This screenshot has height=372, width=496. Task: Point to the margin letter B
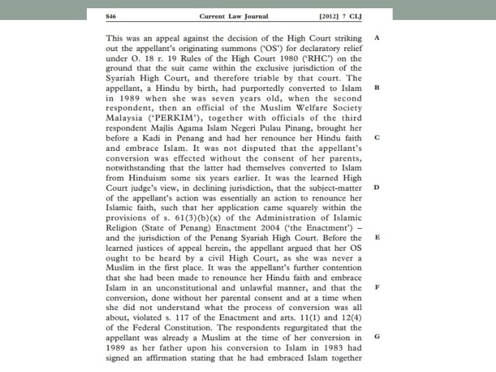[377, 88]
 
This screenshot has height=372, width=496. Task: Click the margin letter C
[377, 138]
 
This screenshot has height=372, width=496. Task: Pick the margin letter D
[377, 187]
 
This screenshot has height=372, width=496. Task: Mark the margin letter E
[377, 236]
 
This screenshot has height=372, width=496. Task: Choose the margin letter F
[377, 286]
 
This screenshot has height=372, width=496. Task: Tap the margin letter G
[377, 335]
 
